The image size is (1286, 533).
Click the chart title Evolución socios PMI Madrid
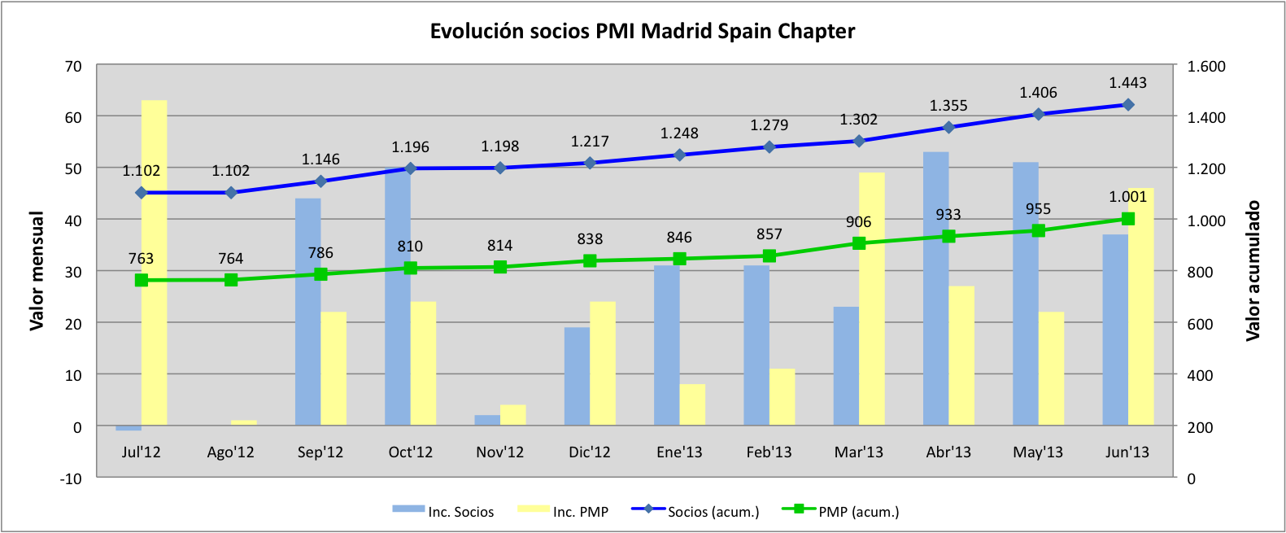pos(642,32)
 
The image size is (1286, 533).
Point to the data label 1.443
pos(1127,83)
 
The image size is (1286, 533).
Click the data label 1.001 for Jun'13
pos(1127,197)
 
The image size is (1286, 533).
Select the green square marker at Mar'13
pos(859,243)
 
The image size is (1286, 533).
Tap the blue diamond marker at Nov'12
pos(500,168)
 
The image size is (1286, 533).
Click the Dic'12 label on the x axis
pos(590,452)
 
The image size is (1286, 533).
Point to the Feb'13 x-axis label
pos(769,452)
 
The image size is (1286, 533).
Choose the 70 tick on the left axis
pos(73,67)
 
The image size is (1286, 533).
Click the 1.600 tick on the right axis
pos(1206,67)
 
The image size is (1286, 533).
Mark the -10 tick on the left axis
pos(71,478)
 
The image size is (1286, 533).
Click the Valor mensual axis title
pos(37,271)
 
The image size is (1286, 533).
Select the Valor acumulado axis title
pos(1253,271)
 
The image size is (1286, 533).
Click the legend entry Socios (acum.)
pos(713,512)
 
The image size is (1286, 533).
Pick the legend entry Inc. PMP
pos(580,512)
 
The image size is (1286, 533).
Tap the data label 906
pos(858,222)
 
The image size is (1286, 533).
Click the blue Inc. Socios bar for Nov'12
pos(487,420)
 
